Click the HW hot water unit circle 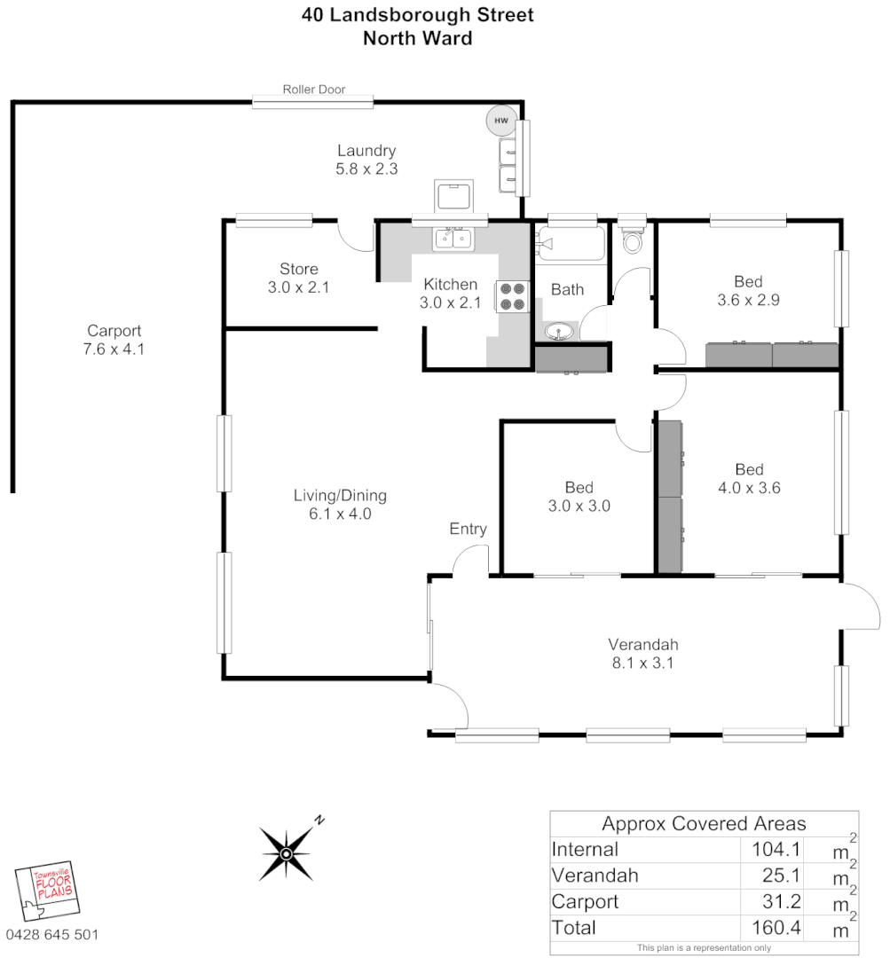[x=500, y=120]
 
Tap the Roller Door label [x=314, y=89]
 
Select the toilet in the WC [x=633, y=240]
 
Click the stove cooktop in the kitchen [x=512, y=296]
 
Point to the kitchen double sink [x=453, y=238]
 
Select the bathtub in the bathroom [x=571, y=244]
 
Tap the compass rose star [x=287, y=853]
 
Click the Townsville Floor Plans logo [x=49, y=892]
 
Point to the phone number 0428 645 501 [x=52, y=934]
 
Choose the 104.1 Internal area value [x=769, y=849]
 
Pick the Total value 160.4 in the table [x=769, y=928]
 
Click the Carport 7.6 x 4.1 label [x=114, y=340]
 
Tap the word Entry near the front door [x=468, y=529]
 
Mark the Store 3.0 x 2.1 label [x=298, y=278]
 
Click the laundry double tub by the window [x=508, y=165]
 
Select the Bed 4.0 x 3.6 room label [x=749, y=478]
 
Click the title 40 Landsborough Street [x=417, y=15]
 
